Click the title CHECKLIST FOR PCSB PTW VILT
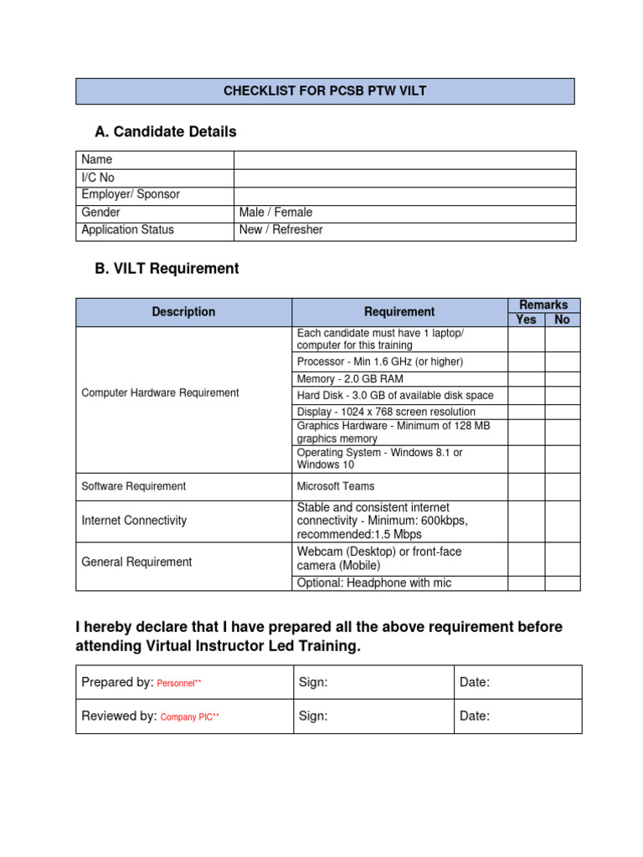click(325, 91)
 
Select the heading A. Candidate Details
click(166, 131)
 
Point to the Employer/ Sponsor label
click(131, 195)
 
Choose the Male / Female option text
click(275, 213)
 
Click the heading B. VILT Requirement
click(167, 269)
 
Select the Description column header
click(183, 312)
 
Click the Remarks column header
click(543, 305)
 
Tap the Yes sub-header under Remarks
click(527, 320)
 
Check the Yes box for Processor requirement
click(527, 362)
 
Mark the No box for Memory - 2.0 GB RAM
click(563, 379)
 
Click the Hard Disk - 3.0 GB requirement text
click(395, 395)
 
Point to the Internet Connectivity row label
click(134, 521)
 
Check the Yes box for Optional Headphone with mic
click(527, 583)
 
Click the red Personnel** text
click(179, 684)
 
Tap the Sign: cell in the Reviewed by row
click(373, 716)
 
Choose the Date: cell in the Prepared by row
click(517, 683)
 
